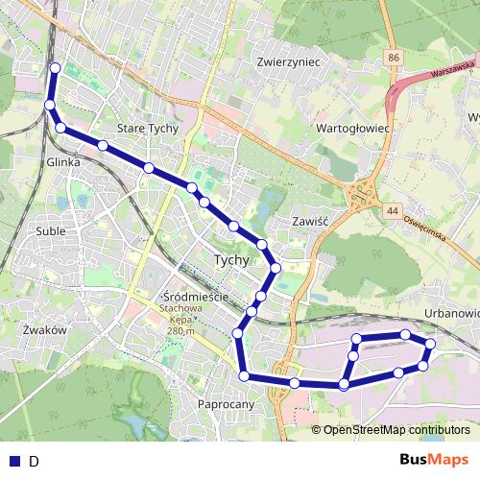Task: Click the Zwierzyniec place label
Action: (287, 60)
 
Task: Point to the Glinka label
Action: (62, 163)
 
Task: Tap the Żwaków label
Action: (42, 329)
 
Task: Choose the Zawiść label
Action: (310, 220)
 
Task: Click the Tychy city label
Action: (230, 260)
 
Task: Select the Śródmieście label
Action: (196, 297)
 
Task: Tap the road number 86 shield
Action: (394, 60)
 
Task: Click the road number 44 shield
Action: (392, 209)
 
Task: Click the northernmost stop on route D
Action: (55, 68)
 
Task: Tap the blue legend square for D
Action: (13, 461)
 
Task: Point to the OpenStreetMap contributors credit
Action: (396, 430)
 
